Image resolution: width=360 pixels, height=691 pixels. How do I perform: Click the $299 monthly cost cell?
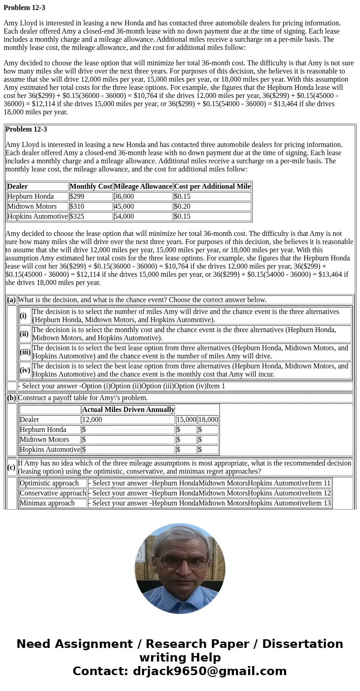pos(91,196)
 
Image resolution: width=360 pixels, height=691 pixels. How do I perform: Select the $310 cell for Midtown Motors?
pos(91,206)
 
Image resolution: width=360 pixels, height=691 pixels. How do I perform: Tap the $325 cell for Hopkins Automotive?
pos(91,216)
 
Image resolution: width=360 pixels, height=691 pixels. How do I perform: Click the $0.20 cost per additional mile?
pos(212,206)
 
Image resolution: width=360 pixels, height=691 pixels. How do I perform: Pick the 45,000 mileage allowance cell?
pos(143,206)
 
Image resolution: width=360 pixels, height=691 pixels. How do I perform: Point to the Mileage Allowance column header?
pos(143,186)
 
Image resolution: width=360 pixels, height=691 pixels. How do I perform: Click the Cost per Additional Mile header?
pos(212,186)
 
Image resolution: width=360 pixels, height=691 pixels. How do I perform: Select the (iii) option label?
pos(25,352)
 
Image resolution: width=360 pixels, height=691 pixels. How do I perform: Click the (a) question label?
pos(11,300)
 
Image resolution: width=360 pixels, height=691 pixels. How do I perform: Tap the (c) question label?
pos(11,467)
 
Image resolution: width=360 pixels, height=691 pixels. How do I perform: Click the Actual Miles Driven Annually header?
pos(128,410)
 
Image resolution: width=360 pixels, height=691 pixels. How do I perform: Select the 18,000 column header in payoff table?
pos(208,420)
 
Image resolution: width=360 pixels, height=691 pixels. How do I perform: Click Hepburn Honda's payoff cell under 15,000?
pos(186,430)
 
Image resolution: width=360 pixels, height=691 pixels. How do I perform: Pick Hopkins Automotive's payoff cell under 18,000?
pos(208,450)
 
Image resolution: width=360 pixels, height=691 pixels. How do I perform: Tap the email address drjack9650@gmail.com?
pos(209,671)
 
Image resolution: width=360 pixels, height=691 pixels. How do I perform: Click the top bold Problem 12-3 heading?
pos(24,8)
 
